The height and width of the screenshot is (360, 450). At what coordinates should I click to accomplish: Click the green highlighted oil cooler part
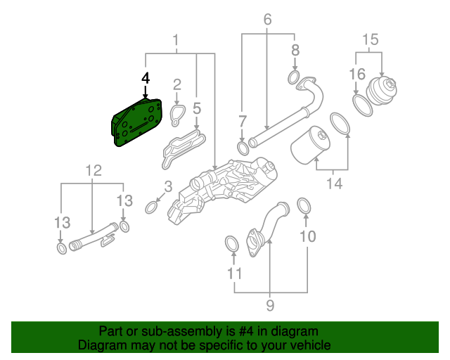[x=136, y=122]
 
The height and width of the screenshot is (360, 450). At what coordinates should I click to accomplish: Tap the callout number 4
[x=146, y=78]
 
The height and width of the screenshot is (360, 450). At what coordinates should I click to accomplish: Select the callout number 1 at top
[x=176, y=41]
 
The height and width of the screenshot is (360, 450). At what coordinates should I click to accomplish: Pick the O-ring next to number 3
[x=151, y=207]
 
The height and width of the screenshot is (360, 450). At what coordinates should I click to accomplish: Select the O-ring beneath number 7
[x=243, y=148]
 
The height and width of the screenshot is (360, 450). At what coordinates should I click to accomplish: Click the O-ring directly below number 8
[x=294, y=77]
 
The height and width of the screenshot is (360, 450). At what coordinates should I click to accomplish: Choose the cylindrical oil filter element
[x=310, y=145]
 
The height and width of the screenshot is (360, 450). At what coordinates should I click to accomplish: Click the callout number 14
[x=335, y=184]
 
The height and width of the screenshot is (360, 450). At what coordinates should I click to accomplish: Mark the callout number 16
[x=357, y=74]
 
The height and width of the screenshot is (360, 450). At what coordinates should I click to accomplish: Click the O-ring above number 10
[x=305, y=205]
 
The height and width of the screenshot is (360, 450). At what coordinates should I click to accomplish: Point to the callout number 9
[x=270, y=304]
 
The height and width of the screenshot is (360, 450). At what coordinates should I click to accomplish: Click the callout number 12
[x=94, y=170]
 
